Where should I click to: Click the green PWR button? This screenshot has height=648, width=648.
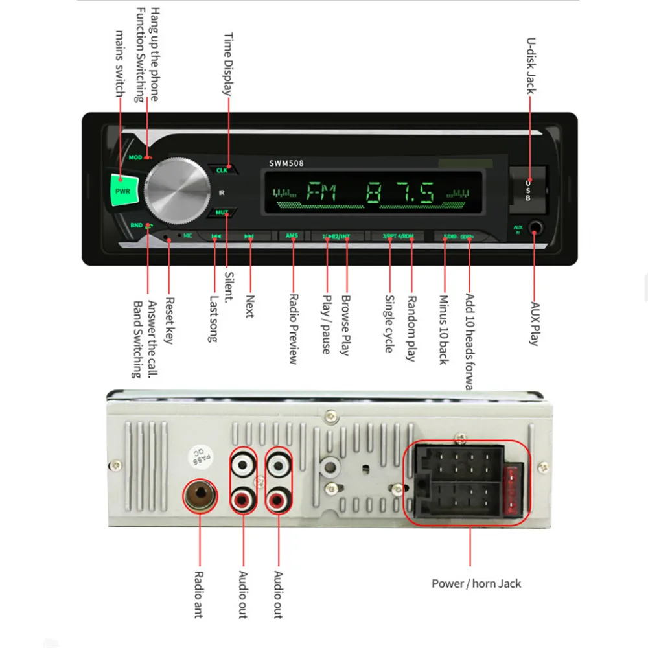coord(122,191)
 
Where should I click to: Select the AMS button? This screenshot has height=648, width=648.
coord(291,236)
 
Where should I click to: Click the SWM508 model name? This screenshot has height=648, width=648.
coord(286,163)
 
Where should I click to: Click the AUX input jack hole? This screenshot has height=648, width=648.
coord(535,229)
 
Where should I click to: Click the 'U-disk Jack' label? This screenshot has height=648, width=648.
coord(530,65)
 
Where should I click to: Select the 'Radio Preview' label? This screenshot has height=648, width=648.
coord(293,329)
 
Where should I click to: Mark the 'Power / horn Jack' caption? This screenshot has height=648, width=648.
coord(476,584)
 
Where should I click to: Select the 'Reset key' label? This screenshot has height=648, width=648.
coord(169,320)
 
